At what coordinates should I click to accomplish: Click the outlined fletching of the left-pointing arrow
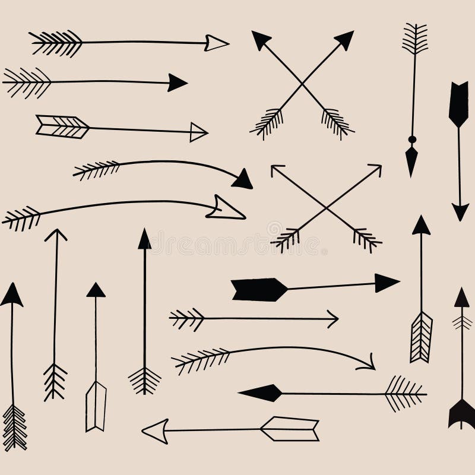(x=291, y=429)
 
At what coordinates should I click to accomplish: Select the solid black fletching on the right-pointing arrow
(x=259, y=290)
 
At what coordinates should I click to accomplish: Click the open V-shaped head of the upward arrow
(x=56, y=235)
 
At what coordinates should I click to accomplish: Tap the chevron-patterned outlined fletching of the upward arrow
(x=421, y=337)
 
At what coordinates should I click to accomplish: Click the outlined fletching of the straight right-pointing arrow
(x=62, y=126)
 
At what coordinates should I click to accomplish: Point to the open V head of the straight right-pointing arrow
(x=332, y=319)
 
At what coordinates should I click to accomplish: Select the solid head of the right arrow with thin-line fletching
(x=177, y=83)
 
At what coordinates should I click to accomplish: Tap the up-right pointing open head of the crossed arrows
(x=375, y=171)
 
